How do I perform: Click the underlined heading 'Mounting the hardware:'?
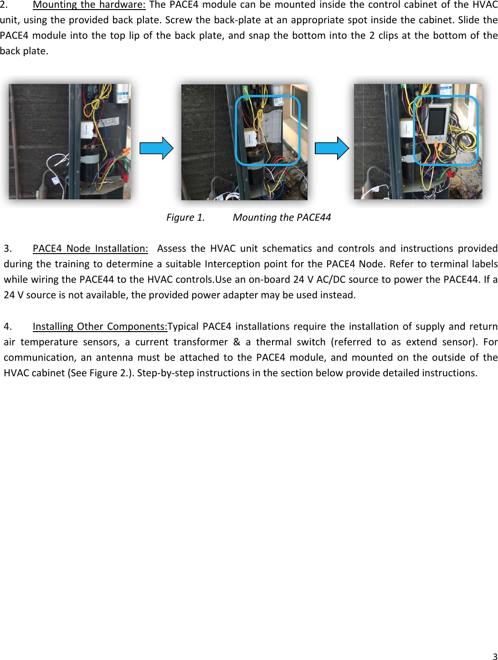pyautogui.click(x=89, y=5)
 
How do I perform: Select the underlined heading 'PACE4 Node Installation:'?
pyautogui.click(x=90, y=249)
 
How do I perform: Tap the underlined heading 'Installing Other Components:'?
pyautogui.click(x=100, y=327)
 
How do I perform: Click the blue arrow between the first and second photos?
pyautogui.click(x=156, y=148)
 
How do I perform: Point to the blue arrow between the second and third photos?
pyautogui.click(x=332, y=148)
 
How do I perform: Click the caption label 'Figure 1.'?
pyautogui.click(x=185, y=218)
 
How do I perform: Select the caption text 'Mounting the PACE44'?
pyautogui.click(x=282, y=218)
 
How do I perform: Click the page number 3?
pyautogui.click(x=495, y=657)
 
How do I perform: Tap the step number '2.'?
pyautogui.click(x=4, y=5)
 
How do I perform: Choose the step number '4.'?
pyautogui.click(x=7, y=327)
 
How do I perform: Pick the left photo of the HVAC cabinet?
pyautogui.click(x=69, y=141)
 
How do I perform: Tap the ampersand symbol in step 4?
pyautogui.click(x=236, y=342)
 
